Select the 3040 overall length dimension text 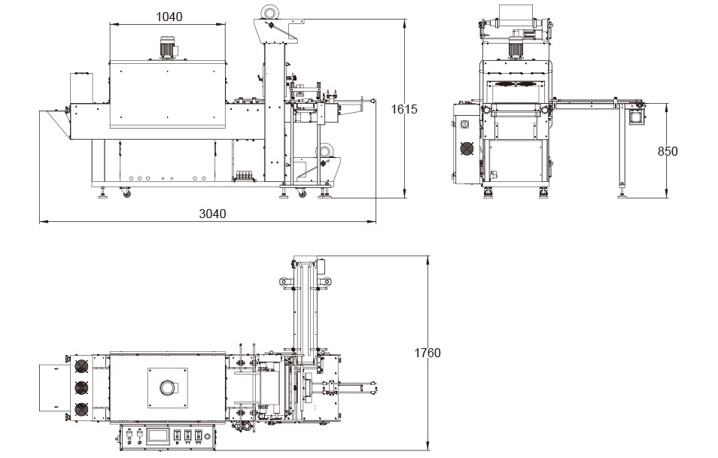coord(211,214)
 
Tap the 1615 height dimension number coord(404,109)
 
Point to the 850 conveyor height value coord(668,151)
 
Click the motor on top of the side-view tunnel coord(167,47)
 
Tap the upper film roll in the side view coord(269,11)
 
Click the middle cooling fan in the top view coord(80,388)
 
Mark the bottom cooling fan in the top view coord(80,411)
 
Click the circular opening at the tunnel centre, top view coord(166,388)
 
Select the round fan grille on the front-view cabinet coord(467,148)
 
